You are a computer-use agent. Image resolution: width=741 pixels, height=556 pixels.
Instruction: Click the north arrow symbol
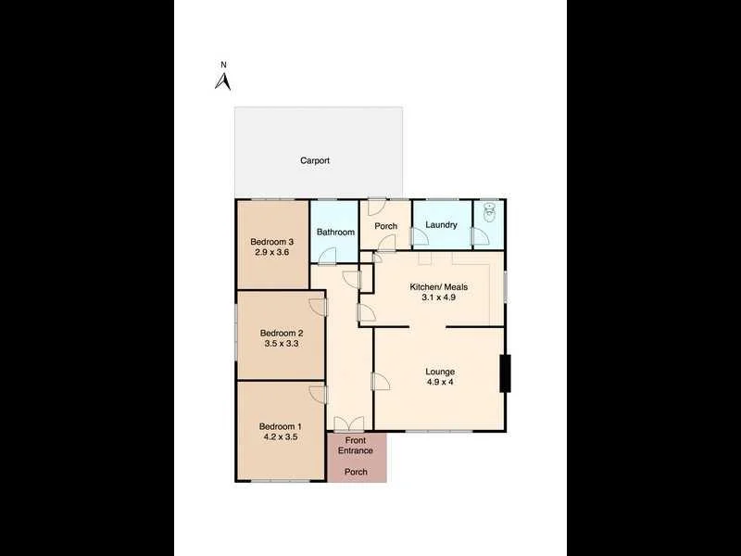[x=222, y=81]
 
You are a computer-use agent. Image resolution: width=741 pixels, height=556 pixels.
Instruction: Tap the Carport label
[x=315, y=160]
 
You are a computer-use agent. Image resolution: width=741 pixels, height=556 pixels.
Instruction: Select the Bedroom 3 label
[x=272, y=242]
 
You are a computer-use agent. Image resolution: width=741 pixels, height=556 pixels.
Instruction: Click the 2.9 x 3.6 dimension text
[x=272, y=252]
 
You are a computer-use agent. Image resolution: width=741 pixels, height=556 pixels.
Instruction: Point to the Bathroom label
[x=335, y=233]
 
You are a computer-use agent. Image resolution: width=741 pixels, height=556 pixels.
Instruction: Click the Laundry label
[x=441, y=225]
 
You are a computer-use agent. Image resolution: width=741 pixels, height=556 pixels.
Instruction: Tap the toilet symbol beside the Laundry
[x=489, y=215]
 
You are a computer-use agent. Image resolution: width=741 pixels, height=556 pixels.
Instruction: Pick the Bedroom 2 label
[x=282, y=333]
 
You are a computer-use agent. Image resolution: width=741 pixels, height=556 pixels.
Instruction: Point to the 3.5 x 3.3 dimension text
[x=282, y=344]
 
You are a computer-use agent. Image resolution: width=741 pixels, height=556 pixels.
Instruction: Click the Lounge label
[x=440, y=371]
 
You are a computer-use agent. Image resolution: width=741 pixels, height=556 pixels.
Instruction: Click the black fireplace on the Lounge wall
[x=505, y=373]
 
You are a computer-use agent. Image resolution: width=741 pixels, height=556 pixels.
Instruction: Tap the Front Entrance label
[x=356, y=446]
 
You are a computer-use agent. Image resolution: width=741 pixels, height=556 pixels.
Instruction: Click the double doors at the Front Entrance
[x=349, y=423]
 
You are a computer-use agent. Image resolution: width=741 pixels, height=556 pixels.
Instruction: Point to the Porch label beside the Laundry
[x=385, y=226]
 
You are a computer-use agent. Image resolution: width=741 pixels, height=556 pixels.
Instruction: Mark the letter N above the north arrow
[x=222, y=65]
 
